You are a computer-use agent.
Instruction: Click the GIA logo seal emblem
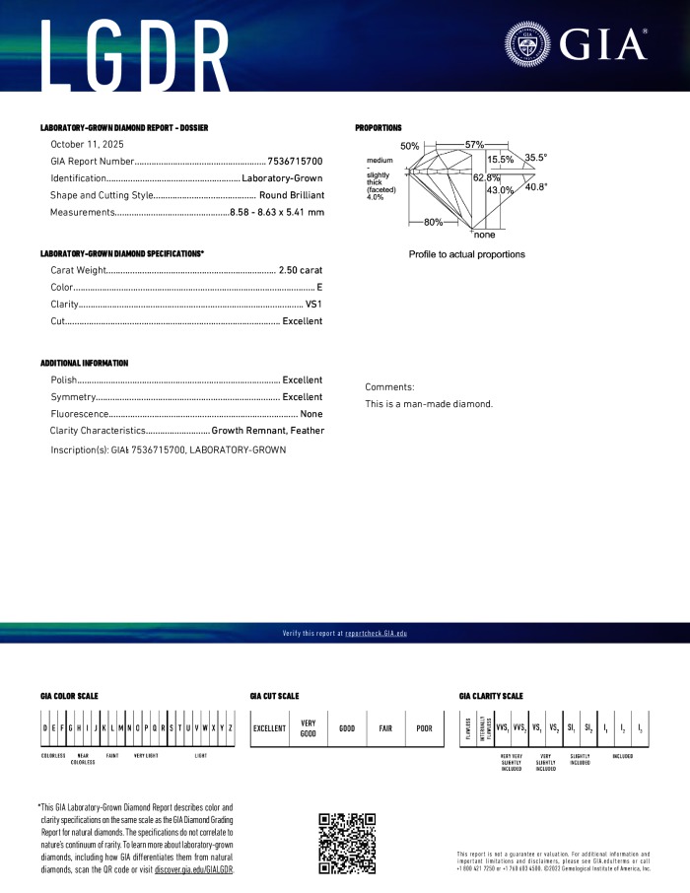coord(530,44)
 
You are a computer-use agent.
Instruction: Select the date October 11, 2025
coord(84,144)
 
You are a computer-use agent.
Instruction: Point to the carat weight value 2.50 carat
coord(301,269)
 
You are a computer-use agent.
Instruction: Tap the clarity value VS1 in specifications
coord(313,304)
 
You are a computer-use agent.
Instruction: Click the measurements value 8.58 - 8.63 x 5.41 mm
coord(276,213)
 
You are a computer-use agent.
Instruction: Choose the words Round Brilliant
coord(291,195)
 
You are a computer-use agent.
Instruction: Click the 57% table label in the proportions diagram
coord(474,145)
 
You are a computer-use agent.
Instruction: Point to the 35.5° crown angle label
coord(535,157)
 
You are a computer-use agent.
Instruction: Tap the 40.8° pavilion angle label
coord(535,186)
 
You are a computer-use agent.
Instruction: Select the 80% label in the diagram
coord(433,222)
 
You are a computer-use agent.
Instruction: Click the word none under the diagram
coord(484,236)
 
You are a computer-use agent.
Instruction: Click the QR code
coord(348,842)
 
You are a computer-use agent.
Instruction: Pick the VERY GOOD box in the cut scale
coord(308,728)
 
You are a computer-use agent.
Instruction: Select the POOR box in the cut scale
coord(424,728)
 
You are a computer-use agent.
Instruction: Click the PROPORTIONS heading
coord(379,128)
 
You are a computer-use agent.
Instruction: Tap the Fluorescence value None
coord(311,414)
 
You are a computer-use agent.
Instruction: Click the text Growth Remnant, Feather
coord(267,431)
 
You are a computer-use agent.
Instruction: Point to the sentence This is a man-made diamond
coord(429,404)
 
